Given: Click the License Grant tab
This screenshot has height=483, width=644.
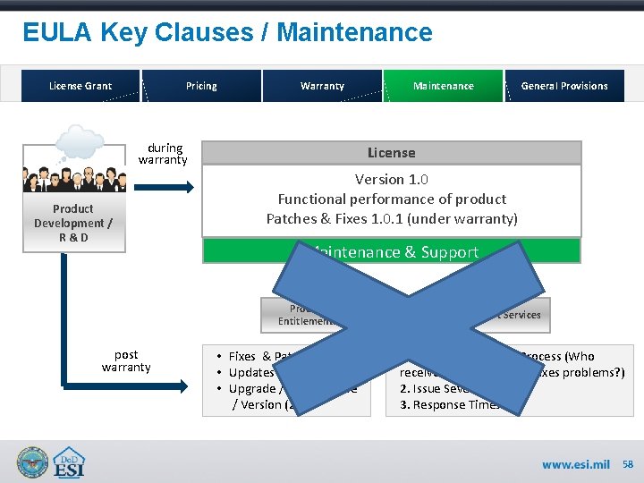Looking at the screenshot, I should (x=80, y=86).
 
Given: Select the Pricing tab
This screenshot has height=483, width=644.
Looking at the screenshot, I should (x=201, y=86).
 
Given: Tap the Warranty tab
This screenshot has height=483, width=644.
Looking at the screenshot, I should (x=322, y=86).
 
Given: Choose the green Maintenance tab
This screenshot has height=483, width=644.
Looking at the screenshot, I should (x=444, y=86).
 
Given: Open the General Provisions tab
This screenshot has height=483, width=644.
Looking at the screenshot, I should (x=564, y=86).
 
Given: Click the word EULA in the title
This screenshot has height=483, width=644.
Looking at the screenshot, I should (x=57, y=33).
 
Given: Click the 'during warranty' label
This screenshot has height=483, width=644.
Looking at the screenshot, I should (x=164, y=154).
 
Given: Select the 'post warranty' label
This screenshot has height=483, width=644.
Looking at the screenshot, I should (x=126, y=361).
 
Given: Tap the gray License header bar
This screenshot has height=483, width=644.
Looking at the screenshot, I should (x=392, y=153).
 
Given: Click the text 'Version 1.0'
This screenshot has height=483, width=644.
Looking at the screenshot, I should (x=392, y=180).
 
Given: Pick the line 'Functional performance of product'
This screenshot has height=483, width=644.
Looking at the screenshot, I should (x=392, y=199).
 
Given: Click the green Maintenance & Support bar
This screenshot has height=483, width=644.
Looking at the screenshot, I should (x=392, y=251).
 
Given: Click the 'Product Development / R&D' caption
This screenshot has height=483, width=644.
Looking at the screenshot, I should (x=73, y=223).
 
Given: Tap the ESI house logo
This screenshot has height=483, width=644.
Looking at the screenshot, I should (x=72, y=462).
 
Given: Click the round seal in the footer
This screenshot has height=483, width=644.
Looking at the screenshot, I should (x=32, y=462).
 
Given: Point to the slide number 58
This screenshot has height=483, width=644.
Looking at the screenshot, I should (x=628, y=465).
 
